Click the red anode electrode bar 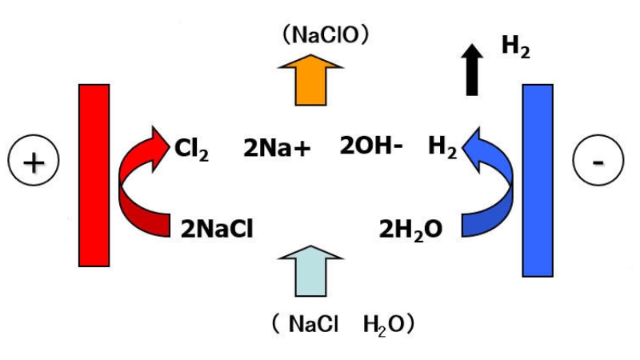pyautogui.click(x=94, y=174)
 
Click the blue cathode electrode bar pyautogui.click(x=537, y=180)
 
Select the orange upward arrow pyautogui.click(x=308, y=81)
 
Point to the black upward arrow pyautogui.click(x=474, y=70)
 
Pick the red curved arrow pyautogui.click(x=136, y=188)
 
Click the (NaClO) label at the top pyautogui.click(x=325, y=34)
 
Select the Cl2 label pyautogui.click(x=191, y=148)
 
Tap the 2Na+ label pyautogui.click(x=277, y=147)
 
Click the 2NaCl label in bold pyautogui.click(x=217, y=229)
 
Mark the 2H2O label pyautogui.click(x=410, y=229)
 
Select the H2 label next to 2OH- pyautogui.click(x=442, y=147)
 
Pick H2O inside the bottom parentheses pyautogui.click(x=381, y=324)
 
